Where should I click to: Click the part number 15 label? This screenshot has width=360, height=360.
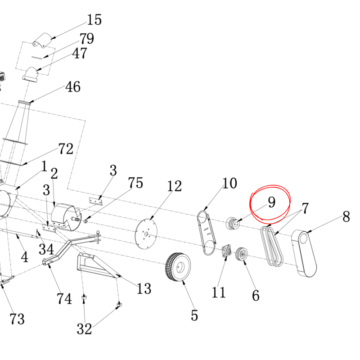coord(94,19)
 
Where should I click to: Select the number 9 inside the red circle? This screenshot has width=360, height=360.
coord(272,202)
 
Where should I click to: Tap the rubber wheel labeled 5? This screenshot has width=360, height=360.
coord(178,266)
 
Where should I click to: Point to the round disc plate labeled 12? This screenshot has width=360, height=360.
coord(146,234)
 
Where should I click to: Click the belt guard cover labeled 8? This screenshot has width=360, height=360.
coord(304,253)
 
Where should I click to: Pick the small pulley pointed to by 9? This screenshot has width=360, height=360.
coord(233,223)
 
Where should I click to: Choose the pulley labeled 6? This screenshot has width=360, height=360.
coord(242,254)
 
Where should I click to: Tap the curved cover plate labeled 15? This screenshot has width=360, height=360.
coord(43,40)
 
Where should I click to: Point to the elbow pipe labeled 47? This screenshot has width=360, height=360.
coord(30,74)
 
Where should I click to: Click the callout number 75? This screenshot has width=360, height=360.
coord(135,183)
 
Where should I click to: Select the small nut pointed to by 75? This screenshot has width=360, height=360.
coord(86,221)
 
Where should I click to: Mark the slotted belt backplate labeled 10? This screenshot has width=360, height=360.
coord(207,233)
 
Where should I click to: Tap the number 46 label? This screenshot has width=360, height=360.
coord(73,87)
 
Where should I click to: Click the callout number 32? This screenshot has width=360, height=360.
coord(84,329)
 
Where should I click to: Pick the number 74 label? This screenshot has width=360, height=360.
coord(64,299)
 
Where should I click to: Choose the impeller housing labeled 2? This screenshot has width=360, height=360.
coord(66,217)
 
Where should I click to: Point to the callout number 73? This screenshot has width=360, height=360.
coord(17,319)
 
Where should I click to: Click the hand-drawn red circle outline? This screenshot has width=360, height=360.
coord(270,204)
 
